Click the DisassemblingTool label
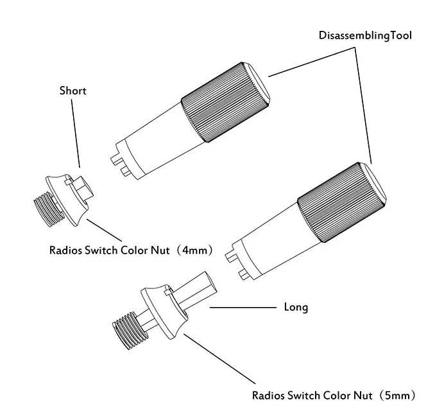coord(365,36)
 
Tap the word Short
coord(73,91)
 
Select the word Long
coord(296,307)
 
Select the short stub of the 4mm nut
coord(82,188)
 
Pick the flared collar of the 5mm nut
coord(165,312)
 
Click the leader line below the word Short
coord(76,134)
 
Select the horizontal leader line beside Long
coord(243,307)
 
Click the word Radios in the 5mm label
coord(269,395)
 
